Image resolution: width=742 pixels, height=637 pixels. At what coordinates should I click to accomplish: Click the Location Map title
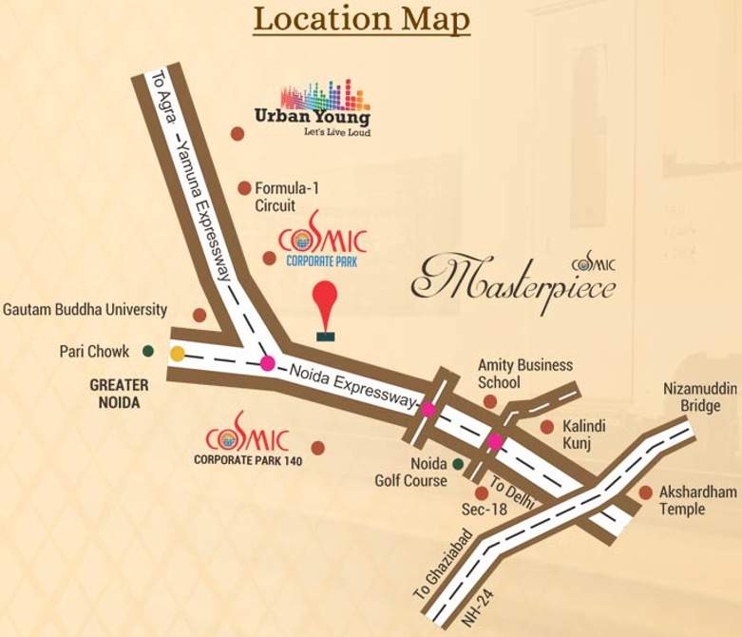[361, 19]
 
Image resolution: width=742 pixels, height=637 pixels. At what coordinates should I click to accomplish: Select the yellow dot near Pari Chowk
[178, 354]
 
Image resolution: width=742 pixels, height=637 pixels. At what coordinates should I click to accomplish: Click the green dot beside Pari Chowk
[148, 351]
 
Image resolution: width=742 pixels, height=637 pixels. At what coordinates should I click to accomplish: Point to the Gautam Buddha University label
[86, 310]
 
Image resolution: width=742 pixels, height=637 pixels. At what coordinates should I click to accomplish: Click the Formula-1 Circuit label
[286, 197]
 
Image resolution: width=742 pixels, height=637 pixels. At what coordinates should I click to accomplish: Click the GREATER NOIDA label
[119, 394]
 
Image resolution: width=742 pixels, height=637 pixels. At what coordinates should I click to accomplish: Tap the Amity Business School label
[511, 373]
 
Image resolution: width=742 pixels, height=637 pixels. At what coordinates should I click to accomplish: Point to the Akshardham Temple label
[696, 500]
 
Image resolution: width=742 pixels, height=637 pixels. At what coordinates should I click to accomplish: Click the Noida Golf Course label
[415, 473]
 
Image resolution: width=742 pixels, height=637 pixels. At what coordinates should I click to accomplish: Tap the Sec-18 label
[485, 510]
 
